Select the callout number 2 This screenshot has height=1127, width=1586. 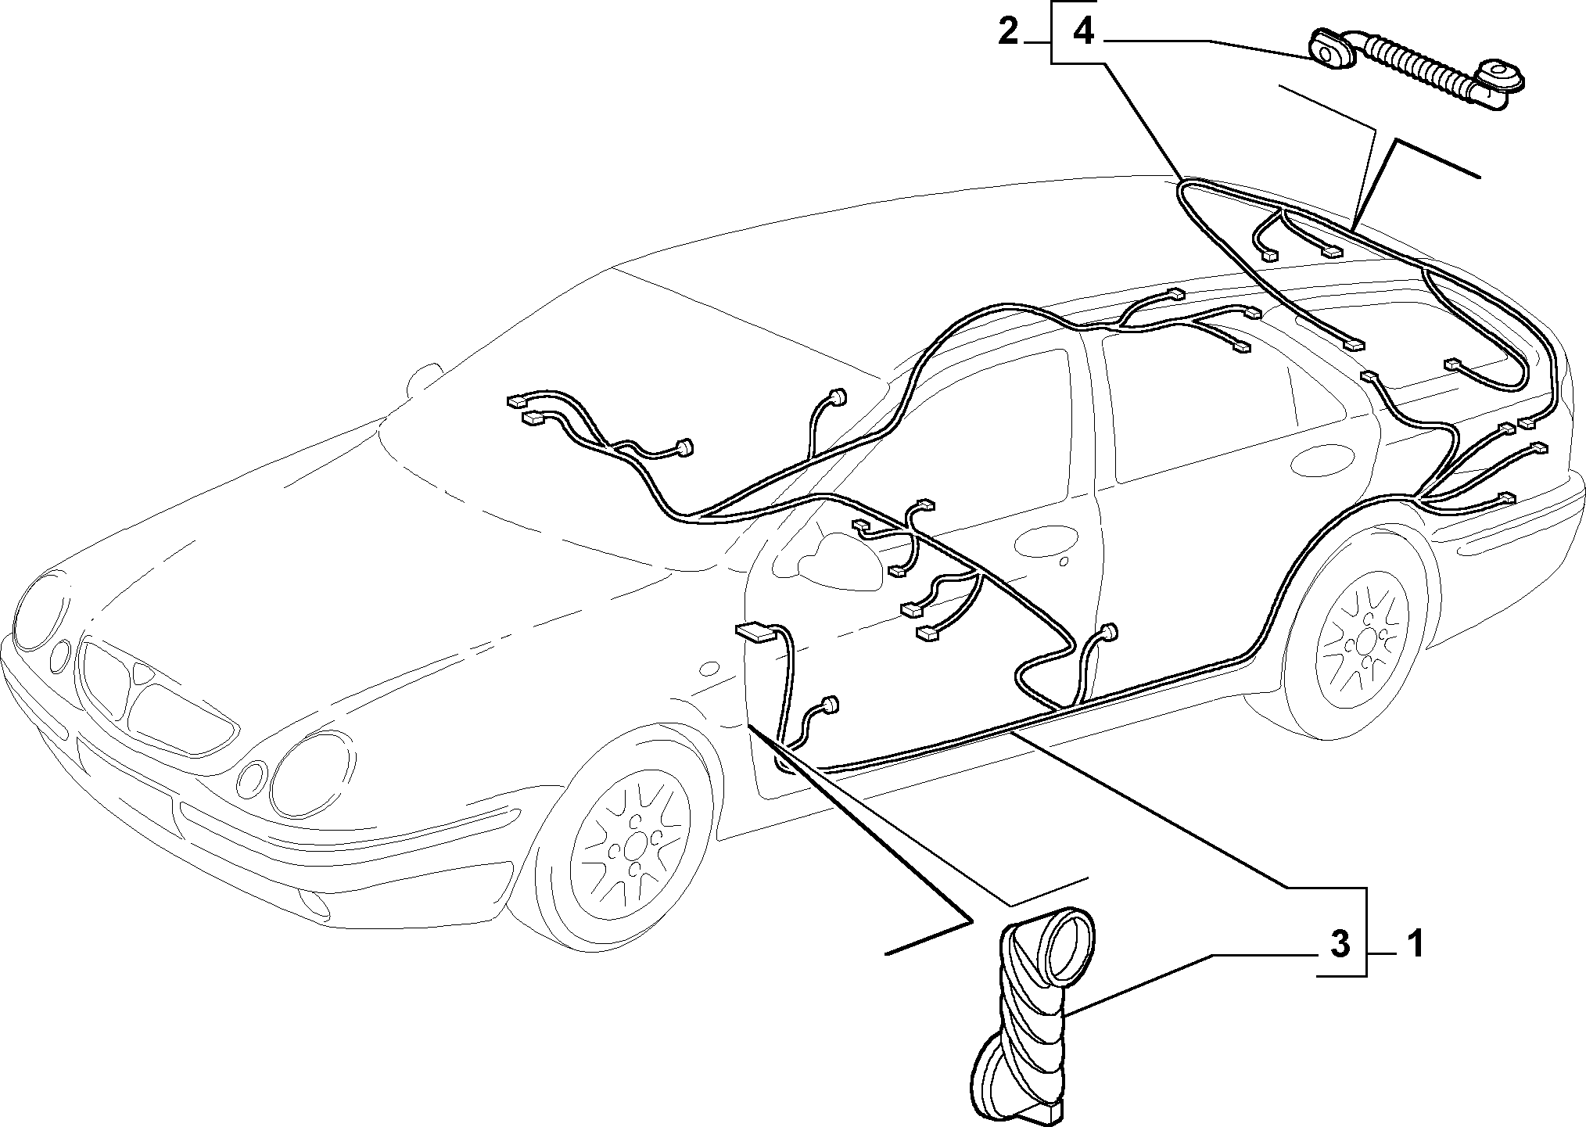point(1008,33)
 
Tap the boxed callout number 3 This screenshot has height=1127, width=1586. point(1340,946)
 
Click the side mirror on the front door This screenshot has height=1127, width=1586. point(830,558)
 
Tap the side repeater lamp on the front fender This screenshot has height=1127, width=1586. point(710,668)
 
